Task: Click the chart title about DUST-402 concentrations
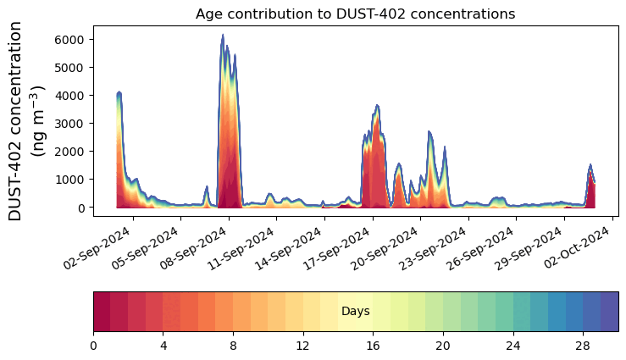click(x=355, y=14)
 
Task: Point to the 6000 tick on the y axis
click(x=70, y=39)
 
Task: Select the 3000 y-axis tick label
click(x=70, y=124)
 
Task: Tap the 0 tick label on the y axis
click(x=80, y=208)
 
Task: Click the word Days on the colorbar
click(x=355, y=312)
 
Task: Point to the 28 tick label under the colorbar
click(x=583, y=346)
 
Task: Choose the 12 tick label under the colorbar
click(x=303, y=346)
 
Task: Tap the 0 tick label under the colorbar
click(x=93, y=346)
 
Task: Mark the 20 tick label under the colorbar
click(x=443, y=346)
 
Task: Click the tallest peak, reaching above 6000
click(x=223, y=36)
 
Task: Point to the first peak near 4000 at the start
click(x=119, y=92)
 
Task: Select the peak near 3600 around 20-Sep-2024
click(x=377, y=106)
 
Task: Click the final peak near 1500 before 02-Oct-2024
click(x=590, y=165)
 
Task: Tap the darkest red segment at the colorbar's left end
click(x=102, y=312)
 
